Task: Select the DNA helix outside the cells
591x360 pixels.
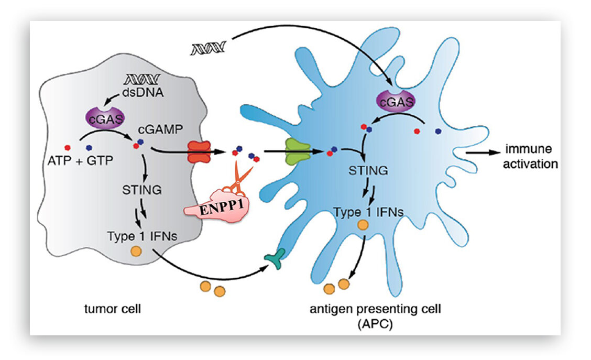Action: point(208,49)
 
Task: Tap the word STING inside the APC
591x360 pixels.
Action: point(368,170)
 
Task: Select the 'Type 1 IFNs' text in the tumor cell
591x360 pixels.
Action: point(141,236)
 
